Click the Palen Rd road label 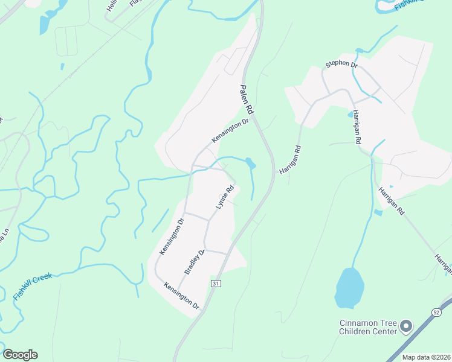247,97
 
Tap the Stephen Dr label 341,64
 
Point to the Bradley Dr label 195,261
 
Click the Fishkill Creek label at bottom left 33,286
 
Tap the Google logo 20,355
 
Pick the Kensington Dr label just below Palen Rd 230,130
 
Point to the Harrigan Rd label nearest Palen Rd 289,159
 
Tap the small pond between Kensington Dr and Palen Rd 250,163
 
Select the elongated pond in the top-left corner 44,24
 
